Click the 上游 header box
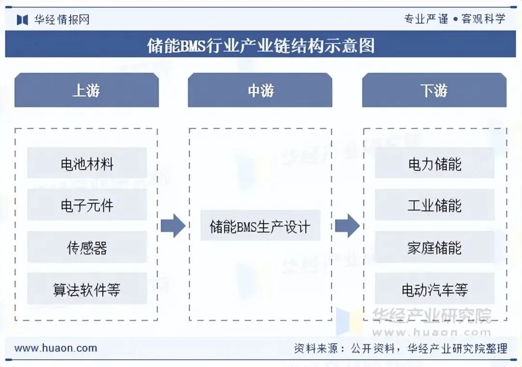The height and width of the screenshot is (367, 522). pyautogui.click(x=87, y=90)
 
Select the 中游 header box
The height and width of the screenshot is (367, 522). pyautogui.click(x=260, y=90)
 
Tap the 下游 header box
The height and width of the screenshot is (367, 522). pyautogui.click(x=434, y=90)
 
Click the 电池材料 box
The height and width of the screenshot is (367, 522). pyautogui.click(x=87, y=164)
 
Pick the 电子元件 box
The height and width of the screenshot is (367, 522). pyautogui.click(x=87, y=205)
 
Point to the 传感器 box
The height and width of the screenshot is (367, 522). pyautogui.click(x=87, y=247)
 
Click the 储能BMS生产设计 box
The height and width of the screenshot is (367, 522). pyautogui.click(x=260, y=226)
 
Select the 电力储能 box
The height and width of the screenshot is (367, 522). pyautogui.click(x=435, y=164)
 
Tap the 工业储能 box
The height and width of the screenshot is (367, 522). pyautogui.click(x=435, y=205)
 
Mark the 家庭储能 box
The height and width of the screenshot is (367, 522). pyautogui.click(x=435, y=247)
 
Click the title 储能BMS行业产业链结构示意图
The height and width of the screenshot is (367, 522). pyautogui.click(x=261, y=45)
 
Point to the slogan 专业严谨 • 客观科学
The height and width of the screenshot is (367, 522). pyautogui.click(x=454, y=19)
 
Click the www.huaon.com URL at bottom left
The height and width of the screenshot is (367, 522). pyautogui.click(x=56, y=348)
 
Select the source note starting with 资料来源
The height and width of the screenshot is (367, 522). pyautogui.click(x=401, y=348)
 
